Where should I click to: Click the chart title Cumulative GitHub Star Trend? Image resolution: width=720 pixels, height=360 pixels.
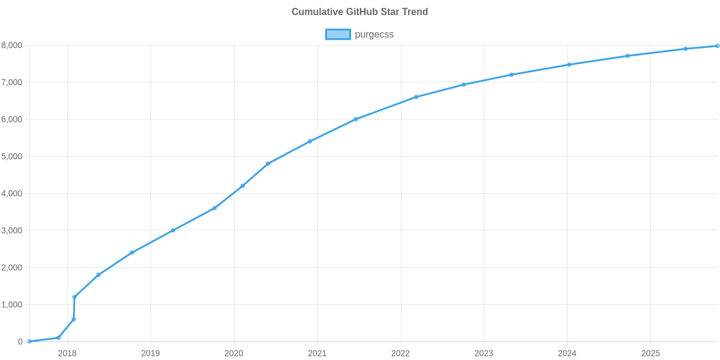click(359, 12)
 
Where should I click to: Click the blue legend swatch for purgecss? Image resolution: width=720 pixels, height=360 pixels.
click(338, 34)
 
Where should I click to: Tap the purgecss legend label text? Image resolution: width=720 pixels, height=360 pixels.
click(374, 34)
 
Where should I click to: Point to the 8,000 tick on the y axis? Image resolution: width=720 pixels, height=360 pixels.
click(12, 46)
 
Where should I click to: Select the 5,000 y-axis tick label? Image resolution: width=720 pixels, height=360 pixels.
click(12, 157)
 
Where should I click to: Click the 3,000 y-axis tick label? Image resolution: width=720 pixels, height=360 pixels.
click(12, 230)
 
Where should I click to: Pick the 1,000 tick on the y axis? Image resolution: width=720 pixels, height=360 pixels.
click(12, 305)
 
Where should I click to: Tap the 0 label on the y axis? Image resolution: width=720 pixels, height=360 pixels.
click(20, 342)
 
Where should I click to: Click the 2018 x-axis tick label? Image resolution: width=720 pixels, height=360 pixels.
click(67, 353)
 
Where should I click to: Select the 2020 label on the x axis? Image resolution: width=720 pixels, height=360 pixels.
click(233, 353)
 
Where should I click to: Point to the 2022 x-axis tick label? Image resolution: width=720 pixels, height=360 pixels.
click(400, 353)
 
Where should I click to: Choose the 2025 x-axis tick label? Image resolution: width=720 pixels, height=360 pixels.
click(650, 353)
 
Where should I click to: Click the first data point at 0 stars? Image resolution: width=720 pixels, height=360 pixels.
click(29, 341)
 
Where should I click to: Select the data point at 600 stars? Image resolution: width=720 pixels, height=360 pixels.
click(74, 319)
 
